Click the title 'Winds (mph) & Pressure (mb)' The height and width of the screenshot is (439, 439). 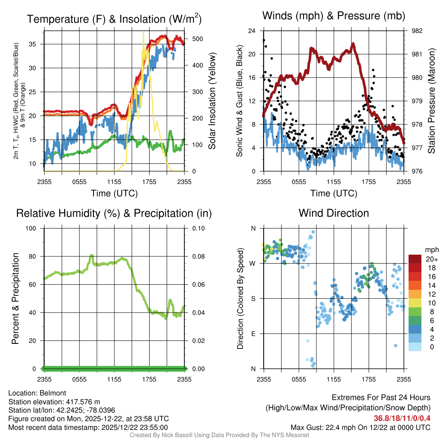(x=334, y=16)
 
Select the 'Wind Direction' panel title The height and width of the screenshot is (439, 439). (x=334, y=213)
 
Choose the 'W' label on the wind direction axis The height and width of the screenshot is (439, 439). (x=253, y=263)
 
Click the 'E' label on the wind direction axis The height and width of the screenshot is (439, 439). (x=253, y=334)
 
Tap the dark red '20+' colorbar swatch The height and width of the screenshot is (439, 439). (x=415, y=259)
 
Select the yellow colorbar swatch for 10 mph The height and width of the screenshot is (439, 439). (x=415, y=305)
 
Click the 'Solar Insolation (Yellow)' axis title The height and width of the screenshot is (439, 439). (x=212, y=101)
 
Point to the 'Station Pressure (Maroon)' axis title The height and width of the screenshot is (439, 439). (x=431, y=101)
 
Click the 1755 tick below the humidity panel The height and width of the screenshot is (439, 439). (x=150, y=380)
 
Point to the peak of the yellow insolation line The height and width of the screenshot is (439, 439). (x=143, y=32)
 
